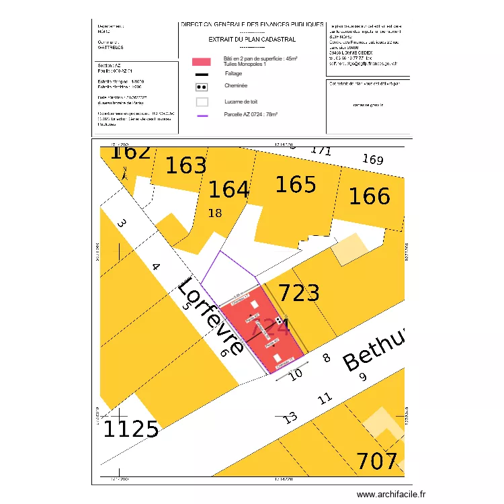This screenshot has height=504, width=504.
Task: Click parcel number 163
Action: point(186,165)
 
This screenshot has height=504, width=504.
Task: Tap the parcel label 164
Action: point(228,190)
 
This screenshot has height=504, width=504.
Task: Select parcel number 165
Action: point(296,184)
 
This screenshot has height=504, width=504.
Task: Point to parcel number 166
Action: point(369,196)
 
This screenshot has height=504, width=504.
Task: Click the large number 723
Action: point(299,293)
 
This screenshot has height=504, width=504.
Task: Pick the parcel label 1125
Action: point(130,429)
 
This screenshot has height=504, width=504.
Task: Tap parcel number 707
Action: point(377,462)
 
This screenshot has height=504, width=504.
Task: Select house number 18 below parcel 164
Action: point(215,214)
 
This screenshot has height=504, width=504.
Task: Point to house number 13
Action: point(290,417)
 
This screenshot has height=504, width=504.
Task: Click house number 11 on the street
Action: point(325,398)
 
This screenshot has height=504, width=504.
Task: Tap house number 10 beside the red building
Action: point(296,374)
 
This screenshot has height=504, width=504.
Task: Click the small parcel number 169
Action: point(372,160)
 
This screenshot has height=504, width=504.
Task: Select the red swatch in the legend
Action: point(202,62)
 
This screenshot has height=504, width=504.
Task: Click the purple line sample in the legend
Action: point(202,116)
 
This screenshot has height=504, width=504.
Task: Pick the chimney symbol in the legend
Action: point(202,87)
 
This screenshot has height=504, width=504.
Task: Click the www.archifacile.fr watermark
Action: point(391,494)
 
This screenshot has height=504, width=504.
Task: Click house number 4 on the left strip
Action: point(156,267)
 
